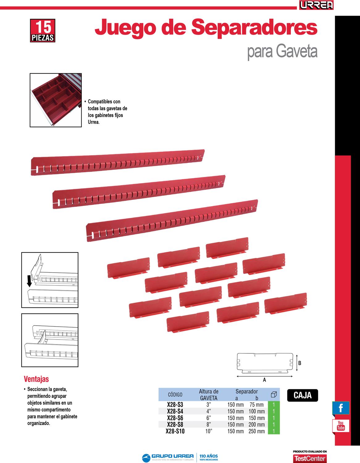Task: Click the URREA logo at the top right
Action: (316, 5)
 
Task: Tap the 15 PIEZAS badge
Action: (43, 31)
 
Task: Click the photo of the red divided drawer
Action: (56, 100)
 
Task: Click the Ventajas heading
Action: (36, 379)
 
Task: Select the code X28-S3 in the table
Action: (175, 405)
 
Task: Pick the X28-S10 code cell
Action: (175, 431)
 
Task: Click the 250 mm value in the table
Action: (257, 431)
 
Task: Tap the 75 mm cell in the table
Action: (257, 405)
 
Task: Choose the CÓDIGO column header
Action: (175, 394)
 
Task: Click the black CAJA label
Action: (303, 395)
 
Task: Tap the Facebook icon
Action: (341, 408)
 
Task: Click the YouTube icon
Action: (341, 426)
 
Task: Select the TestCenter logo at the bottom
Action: (310, 458)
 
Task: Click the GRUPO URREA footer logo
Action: (168, 457)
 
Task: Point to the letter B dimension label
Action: (300, 363)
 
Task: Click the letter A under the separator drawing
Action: (264, 380)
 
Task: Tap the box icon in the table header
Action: (274, 394)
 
